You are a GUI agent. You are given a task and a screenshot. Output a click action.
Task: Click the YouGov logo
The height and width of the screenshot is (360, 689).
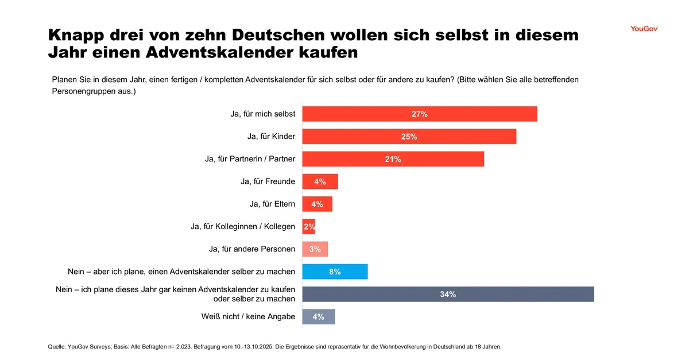(x=644, y=29)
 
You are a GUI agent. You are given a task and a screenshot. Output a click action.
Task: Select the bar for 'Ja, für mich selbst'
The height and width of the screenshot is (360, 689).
(x=419, y=114)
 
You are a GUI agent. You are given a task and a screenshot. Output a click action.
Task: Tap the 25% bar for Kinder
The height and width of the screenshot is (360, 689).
(x=409, y=137)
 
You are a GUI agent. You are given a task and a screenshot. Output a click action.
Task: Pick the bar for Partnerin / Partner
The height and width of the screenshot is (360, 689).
(x=393, y=159)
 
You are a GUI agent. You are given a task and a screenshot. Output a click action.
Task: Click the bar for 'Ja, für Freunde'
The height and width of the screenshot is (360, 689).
(x=320, y=181)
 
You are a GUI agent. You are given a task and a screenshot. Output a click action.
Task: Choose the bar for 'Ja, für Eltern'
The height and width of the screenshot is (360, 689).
(x=317, y=204)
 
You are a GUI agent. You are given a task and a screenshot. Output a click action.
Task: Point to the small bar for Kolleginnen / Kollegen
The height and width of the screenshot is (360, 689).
(x=309, y=227)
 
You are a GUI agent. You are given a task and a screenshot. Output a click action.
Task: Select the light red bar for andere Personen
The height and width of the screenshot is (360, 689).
(x=315, y=249)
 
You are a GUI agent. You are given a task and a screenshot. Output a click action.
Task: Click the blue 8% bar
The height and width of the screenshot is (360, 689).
(x=335, y=272)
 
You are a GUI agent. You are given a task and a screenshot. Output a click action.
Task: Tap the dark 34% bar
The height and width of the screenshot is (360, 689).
(x=448, y=294)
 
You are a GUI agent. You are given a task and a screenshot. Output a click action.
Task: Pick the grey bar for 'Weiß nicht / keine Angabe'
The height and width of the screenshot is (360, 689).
(x=318, y=316)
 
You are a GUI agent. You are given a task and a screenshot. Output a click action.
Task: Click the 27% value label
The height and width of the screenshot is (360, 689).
(x=420, y=114)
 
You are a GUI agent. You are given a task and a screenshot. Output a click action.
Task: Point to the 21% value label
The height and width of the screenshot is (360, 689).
(x=393, y=159)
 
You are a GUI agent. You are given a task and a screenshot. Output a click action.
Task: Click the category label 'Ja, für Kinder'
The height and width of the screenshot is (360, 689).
(x=271, y=137)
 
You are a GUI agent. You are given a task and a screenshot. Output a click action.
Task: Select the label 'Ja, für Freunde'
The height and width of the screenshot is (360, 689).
(x=268, y=181)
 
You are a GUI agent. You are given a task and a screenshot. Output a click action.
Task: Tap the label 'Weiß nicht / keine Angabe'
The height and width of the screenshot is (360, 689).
(x=248, y=316)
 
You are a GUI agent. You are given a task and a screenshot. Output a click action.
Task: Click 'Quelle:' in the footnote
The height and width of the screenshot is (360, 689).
(x=56, y=347)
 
